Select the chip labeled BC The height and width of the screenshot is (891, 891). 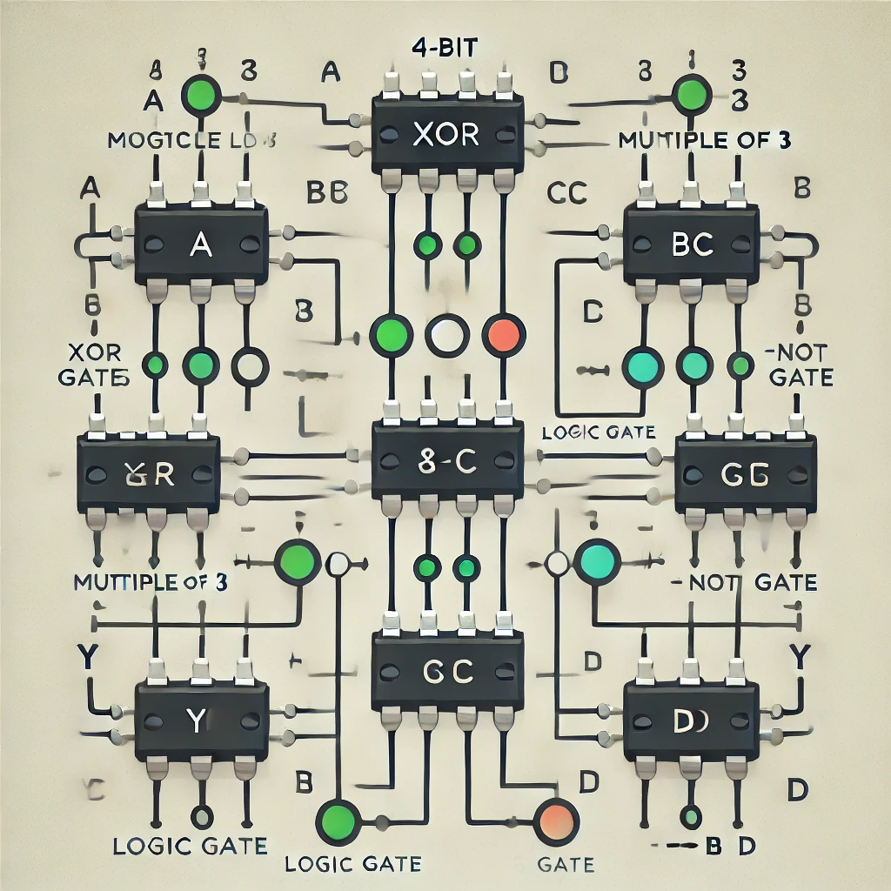(x=692, y=244)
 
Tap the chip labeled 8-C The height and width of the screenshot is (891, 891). (x=447, y=461)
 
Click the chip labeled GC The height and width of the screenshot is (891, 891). (x=447, y=671)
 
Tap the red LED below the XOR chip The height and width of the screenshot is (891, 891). (x=504, y=335)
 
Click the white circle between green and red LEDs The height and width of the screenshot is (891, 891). (x=446, y=335)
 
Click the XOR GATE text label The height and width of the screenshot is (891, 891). (x=94, y=366)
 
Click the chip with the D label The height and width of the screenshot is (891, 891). (x=692, y=720)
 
